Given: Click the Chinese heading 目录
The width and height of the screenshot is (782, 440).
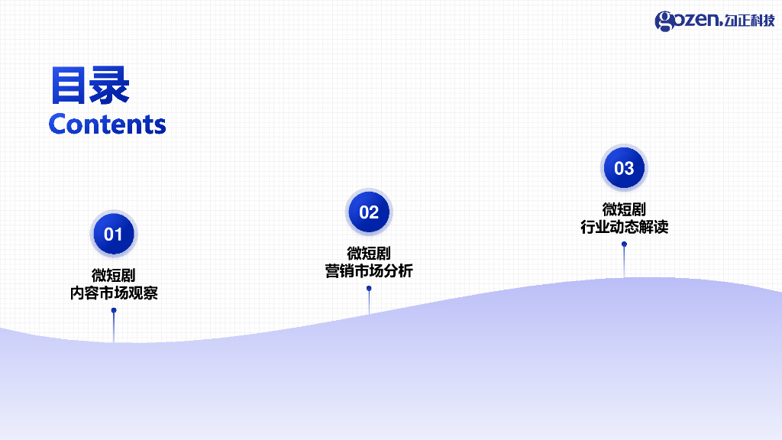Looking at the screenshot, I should pyautogui.click(x=89, y=86).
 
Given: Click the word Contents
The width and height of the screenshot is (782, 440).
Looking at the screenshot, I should pyautogui.click(x=107, y=124).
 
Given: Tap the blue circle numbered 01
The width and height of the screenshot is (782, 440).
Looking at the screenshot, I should pyautogui.click(x=113, y=234).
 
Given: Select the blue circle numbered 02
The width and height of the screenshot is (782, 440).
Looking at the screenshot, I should pyautogui.click(x=369, y=212).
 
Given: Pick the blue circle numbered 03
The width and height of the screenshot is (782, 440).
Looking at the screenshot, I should pyautogui.click(x=624, y=168).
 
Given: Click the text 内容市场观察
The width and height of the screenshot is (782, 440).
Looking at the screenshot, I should pyautogui.click(x=114, y=293).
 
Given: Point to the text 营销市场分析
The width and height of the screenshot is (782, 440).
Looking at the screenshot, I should pyautogui.click(x=369, y=271).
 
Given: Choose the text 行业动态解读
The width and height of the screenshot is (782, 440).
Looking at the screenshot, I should pyautogui.click(x=624, y=227).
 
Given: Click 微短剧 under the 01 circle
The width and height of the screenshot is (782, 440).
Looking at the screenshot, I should pyautogui.click(x=114, y=275).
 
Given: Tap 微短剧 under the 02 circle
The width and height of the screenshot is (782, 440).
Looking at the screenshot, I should pyautogui.click(x=369, y=253).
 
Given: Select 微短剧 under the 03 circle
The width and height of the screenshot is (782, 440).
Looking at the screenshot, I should pyautogui.click(x=624, y=209).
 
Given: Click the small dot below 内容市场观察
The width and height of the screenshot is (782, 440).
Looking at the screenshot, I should pyautogui.click(x=114, y=310).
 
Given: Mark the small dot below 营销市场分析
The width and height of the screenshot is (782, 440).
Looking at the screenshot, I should pyautogui.click(x=369, y=289).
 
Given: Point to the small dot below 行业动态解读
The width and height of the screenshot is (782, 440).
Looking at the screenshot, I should pyautogui.click(x=624, y=244).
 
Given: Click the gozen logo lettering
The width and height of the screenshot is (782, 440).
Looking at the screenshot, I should pyautogui.click(x=687, y=21).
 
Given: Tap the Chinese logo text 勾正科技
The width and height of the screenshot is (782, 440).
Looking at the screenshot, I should pyautogui.click(x=749, y=21).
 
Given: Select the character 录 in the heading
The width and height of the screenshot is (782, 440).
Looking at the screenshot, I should pyautogui.click(x=109, y=86).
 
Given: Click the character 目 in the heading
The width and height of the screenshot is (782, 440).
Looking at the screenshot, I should pyautogui.click(x=69, y=86).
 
